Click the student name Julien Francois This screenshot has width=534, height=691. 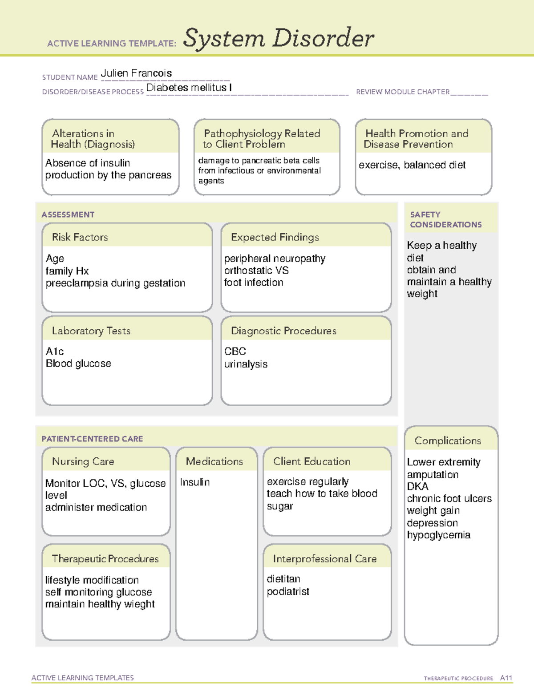(x=136, y=73)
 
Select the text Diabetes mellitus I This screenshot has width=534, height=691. (x=189, y=88)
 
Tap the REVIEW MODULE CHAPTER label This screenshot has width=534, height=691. (x=403, y=92)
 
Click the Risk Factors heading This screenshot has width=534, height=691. (x=80, y=237)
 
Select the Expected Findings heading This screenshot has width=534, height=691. (x=275, y=237)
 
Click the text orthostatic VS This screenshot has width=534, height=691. (x=256, y=271)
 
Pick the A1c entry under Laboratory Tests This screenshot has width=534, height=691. (x=55, y=352)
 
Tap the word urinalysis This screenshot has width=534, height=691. (x=246, y=364)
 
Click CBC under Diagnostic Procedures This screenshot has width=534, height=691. (x=235, y=352)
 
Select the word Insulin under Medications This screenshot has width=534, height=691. (x=194, y=482)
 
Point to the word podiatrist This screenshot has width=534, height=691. (x=288, y=592)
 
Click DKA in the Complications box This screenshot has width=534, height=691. (x=417, y=486)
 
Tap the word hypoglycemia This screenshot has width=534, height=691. (x=438, y=535)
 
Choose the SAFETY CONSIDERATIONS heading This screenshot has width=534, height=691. (x=445, y=220)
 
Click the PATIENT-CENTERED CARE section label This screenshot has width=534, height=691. (x=92, y=439)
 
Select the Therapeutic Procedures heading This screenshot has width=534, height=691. (x=105, y=559)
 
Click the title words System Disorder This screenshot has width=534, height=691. (x=278, y=38)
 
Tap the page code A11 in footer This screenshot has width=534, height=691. (x=506, y=678)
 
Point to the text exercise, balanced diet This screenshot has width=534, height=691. (x=412, y=165)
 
